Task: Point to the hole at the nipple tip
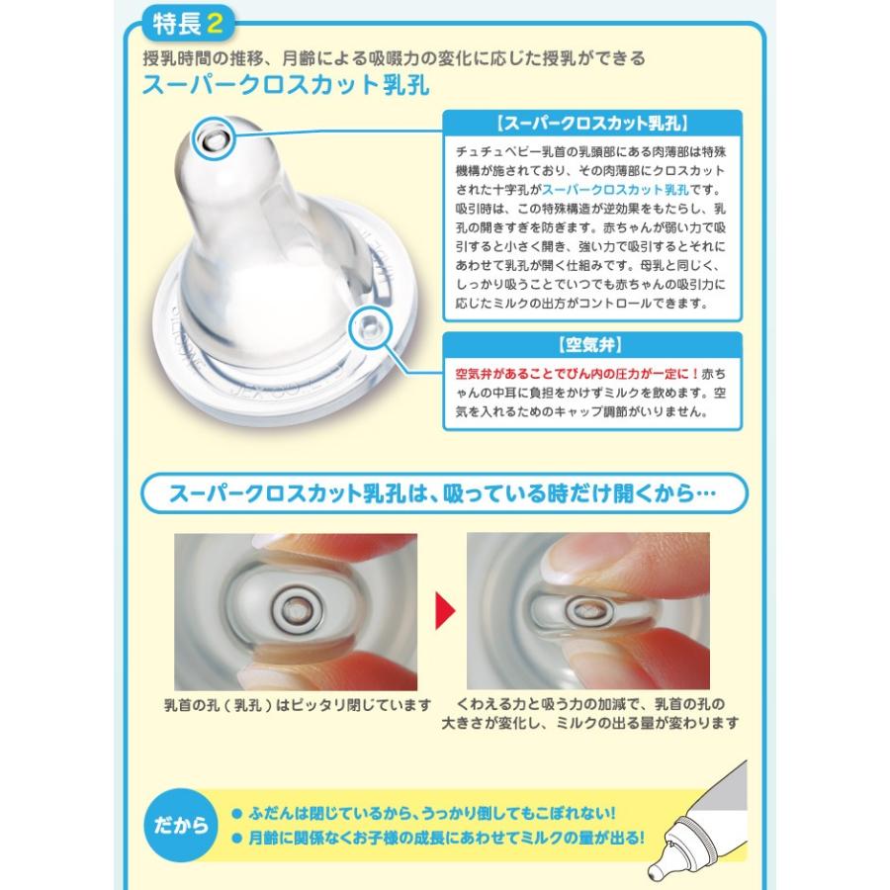[x=212, y=139]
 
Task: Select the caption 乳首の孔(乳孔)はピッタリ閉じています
[x=298, y=705]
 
